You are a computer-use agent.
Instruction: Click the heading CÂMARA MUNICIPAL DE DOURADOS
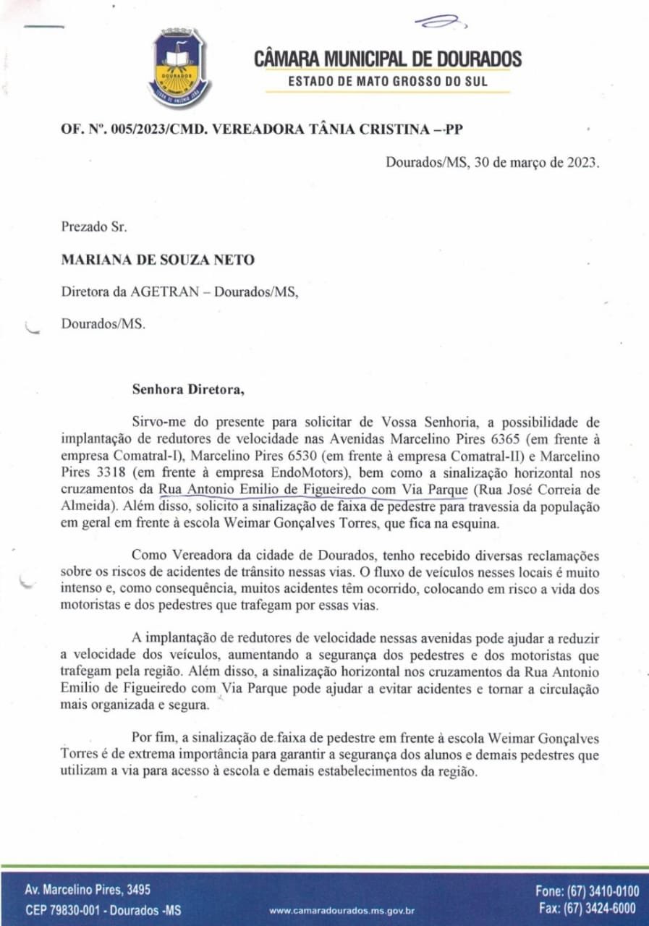pyautogui.click(x=388, y=59)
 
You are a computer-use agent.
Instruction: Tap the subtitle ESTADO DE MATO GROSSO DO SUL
pyautogui.click(x=388, y=81)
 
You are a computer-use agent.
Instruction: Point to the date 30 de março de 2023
pyautogui.click(x=536, y=162)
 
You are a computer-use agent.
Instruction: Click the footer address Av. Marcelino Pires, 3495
pyautogui.click(x=88, y=890)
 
